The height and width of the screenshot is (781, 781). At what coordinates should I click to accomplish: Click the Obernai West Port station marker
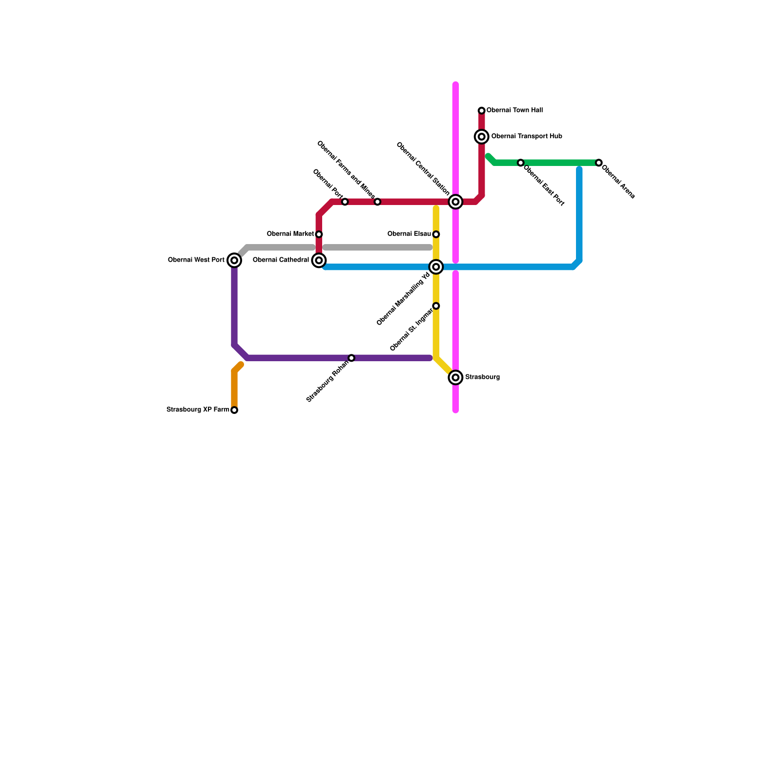point(234,261)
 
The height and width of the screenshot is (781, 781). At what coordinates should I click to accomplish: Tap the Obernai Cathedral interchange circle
point(319,261)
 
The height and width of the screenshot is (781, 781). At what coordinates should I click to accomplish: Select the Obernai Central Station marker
point(455,202)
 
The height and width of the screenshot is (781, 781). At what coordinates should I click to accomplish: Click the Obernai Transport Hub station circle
point(482,137)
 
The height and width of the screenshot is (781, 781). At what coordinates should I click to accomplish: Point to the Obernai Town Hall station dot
point(482,111)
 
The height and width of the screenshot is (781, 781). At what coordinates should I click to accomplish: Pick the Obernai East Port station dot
point(521,163)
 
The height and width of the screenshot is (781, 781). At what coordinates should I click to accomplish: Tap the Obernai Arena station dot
point(599,163)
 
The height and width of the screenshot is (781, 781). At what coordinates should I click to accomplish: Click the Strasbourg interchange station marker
point(455,377)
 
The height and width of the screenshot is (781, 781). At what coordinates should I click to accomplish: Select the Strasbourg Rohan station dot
point(351,358)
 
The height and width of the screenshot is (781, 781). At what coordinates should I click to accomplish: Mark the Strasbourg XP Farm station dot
point(234,410)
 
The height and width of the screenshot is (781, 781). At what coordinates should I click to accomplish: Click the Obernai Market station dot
point(319,234)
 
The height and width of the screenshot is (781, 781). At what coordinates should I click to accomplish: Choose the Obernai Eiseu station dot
point(436,234)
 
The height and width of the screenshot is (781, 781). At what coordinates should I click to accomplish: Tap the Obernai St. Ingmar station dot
point(436,306)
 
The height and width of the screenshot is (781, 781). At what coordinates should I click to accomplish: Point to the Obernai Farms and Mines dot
point(377,202)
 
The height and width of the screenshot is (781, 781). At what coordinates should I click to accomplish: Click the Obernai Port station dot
point(345,202)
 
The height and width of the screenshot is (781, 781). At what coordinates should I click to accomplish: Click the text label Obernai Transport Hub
point(526,137)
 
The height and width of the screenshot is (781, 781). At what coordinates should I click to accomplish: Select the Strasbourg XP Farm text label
point(198,410)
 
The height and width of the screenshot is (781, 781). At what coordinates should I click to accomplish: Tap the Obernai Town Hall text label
point(514,111)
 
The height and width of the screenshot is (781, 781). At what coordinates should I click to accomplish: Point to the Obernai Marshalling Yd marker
point(436,267)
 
